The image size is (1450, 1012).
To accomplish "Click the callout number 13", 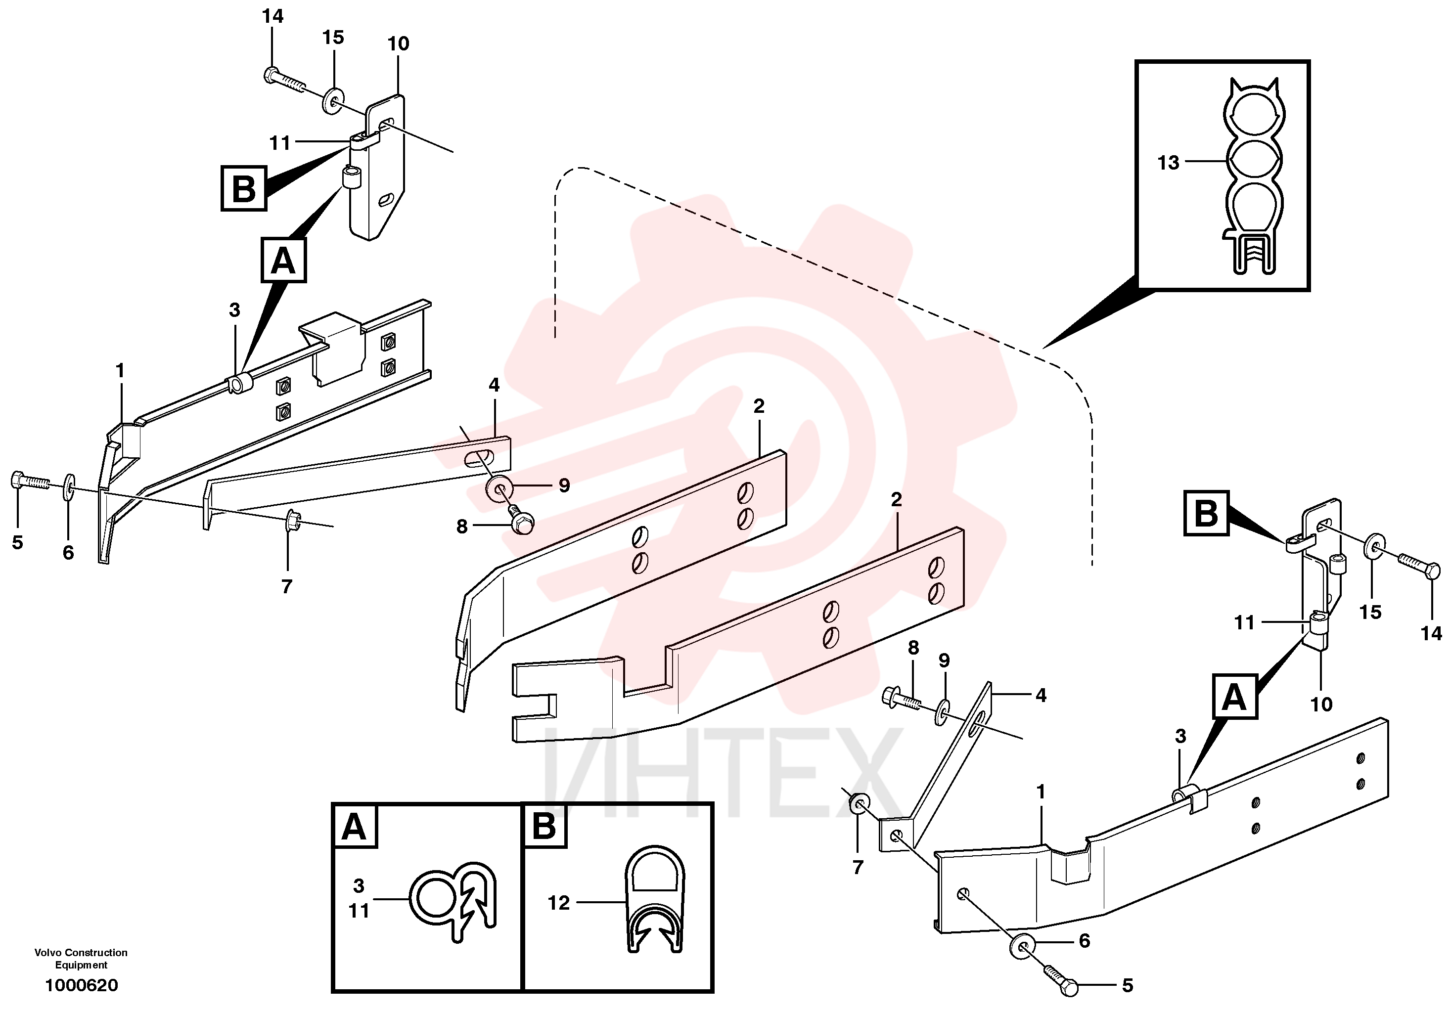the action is [x=1168, y=163].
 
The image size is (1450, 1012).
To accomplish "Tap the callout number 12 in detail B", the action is [x=559, y=903].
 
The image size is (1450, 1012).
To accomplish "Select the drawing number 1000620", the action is [x=82, y=985].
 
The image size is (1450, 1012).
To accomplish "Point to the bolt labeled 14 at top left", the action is [x=283, y=80].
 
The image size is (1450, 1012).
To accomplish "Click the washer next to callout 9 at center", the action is [x=499, y=488].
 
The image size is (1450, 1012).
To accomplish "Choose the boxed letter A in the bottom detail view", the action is [x=354, y=827].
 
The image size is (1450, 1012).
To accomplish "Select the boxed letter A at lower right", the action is [x=1234, y=697].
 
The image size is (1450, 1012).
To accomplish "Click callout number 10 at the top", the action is [x=399, y=44].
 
